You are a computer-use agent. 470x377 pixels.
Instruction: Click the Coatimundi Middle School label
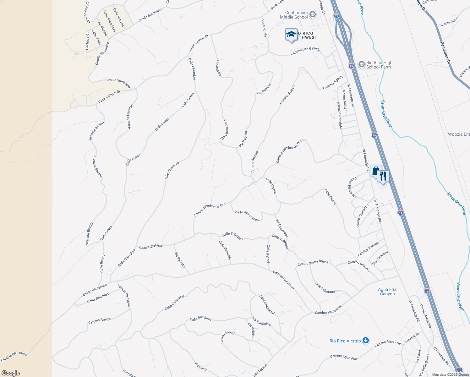click(x=294, y=15)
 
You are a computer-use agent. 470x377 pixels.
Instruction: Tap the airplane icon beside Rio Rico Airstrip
click(x=365, y=341)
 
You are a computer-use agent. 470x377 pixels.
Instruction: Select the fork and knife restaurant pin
click(x=383, y=176)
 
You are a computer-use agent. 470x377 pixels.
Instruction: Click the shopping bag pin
click(x=376, y=171)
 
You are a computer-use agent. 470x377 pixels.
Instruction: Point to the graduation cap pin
click(x=291, y=34)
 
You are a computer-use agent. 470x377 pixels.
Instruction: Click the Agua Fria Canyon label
click(x=387, y=292)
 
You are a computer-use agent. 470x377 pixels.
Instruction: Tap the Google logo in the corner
click(x=10, y=373)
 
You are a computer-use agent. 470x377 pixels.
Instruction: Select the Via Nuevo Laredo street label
click(x=247, y=216)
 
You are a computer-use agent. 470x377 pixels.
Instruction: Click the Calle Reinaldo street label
click(x=225, y=250)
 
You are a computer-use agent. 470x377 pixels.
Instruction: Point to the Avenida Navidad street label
click(x=130, y=117)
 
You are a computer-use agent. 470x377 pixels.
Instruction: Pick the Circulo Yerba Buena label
click(x=313, y=263)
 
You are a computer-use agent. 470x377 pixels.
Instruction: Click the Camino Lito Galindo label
click(x=305, y=51)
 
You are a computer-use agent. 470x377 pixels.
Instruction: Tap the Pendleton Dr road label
click(x=446, y=54)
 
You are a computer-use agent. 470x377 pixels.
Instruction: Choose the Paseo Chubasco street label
click(x=362, y=216)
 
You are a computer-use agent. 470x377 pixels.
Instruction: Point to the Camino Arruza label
click(x=99, y=321)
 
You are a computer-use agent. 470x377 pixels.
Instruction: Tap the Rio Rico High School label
click(x=379, y=65)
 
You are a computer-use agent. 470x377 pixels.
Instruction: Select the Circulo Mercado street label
click(x=426, y=316)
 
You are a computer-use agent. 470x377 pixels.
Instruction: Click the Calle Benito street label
click(x=102, y=263)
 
